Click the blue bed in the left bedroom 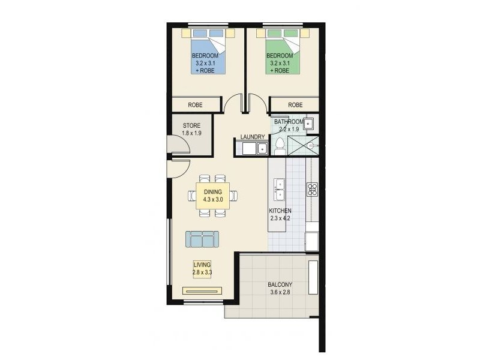(209, 55)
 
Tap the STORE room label (192, 126)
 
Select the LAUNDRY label (253, 137)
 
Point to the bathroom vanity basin (309, 124)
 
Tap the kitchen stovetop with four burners (312, 190)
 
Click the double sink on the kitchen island (279, 189)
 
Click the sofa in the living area (202, 239)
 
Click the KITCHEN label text (280, 211)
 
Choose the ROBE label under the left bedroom (195, 105)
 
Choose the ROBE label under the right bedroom (295, 105)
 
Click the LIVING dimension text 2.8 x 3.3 (202, 272)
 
